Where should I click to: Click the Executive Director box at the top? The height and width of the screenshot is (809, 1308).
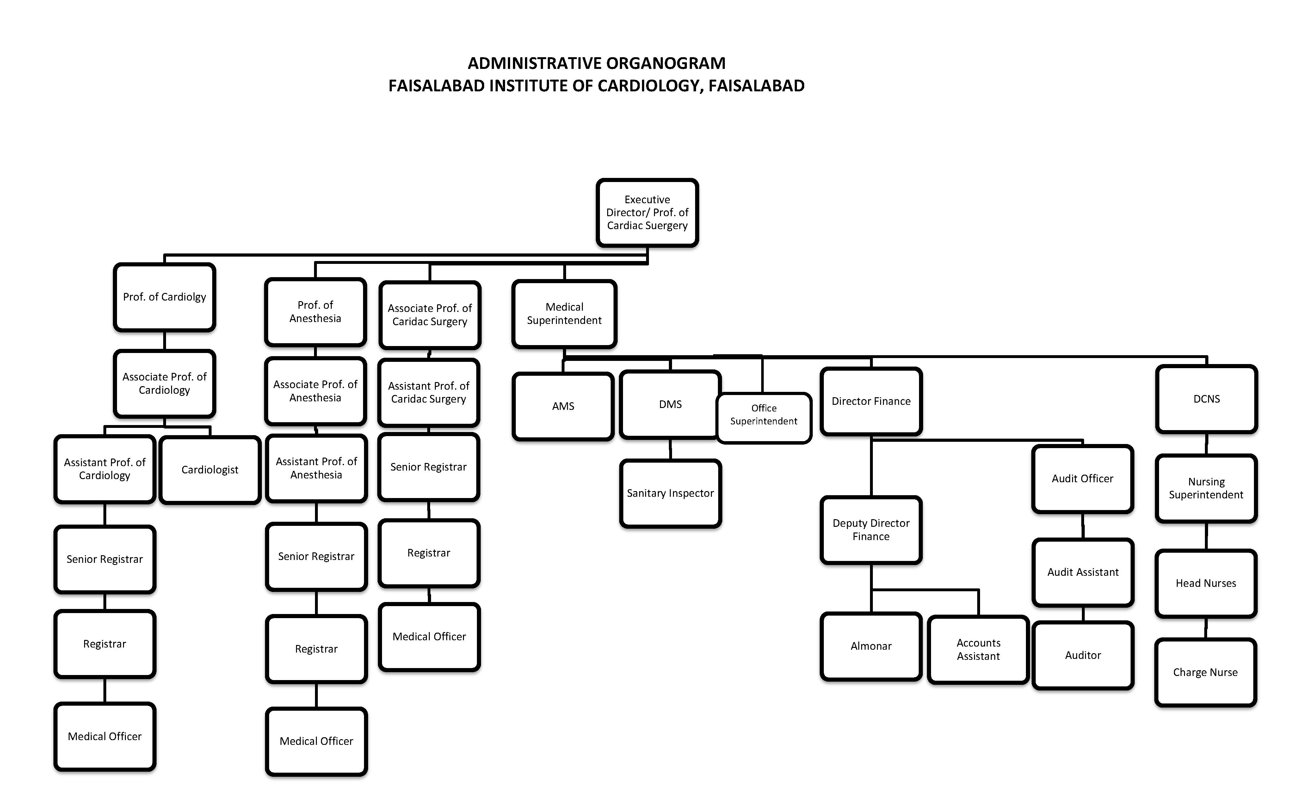pos(647,212)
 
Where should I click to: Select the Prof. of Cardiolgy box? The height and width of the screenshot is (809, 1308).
pos(164,297)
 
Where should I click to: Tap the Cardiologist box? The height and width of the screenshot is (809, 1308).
pos(210,470)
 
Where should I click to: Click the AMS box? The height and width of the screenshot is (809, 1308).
pos(563,406)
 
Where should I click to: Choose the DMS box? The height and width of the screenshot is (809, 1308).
pos(670,404)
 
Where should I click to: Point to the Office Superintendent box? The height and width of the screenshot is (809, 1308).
pos(764,418)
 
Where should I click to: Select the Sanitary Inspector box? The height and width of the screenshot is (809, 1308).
pos(670,493)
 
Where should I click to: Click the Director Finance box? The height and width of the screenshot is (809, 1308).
pos(871,401)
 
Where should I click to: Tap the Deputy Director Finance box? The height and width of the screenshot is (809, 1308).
pos(871,530)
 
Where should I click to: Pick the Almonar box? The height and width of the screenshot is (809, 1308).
pos(871,646)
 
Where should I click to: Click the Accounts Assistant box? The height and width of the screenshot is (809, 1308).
pos(978,649)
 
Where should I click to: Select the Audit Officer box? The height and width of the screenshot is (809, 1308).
pos(1083,479)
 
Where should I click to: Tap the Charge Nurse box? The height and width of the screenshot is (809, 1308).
pos(1205,672)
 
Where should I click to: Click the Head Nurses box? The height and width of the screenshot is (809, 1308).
pos(1206,583)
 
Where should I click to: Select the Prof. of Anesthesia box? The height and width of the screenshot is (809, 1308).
pos(315,312)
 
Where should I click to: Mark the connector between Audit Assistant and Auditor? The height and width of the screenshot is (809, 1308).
pos(1083,614)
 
